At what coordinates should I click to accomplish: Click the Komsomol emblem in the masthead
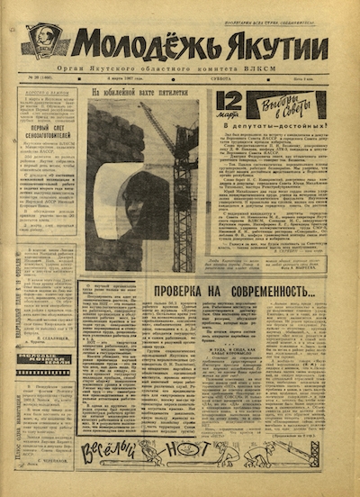[x=45, y=41]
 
